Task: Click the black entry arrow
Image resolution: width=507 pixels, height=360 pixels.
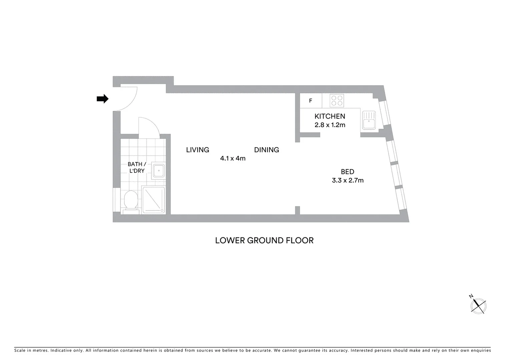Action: click(102, 99)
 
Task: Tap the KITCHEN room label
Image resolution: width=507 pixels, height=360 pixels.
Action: click(330, 116)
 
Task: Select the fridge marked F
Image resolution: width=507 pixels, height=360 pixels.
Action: click(311, 101)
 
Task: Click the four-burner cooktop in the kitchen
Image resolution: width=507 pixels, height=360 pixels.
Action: click(337, 101)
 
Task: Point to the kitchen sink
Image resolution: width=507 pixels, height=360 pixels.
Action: click(369, 120)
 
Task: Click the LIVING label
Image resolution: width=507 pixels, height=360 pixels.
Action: click(197, 150)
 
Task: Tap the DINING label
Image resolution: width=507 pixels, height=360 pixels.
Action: click(267, 150)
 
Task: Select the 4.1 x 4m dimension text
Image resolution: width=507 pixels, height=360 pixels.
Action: click(233, 158)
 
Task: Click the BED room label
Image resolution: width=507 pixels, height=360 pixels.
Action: click(347, 172)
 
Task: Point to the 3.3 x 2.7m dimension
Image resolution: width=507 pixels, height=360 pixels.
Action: click(348, 180)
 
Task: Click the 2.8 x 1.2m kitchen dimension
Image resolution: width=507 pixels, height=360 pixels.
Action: click(330, 125)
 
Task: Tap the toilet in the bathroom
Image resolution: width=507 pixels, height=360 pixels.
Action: click(130, 201)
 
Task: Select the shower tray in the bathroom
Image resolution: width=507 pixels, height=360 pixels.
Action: click(154, 200)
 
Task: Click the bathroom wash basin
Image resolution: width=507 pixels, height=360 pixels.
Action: click(159, 171)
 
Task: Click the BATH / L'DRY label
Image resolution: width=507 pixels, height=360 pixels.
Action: click(137, 167)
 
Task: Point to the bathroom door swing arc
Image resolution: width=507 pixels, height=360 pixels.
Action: click(149, 126)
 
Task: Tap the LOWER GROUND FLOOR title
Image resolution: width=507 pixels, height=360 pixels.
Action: click(264, 240)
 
